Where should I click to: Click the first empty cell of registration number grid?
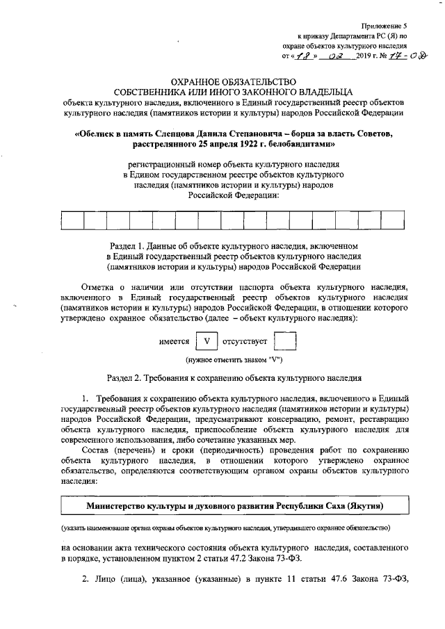72,221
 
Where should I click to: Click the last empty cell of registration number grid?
393,221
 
